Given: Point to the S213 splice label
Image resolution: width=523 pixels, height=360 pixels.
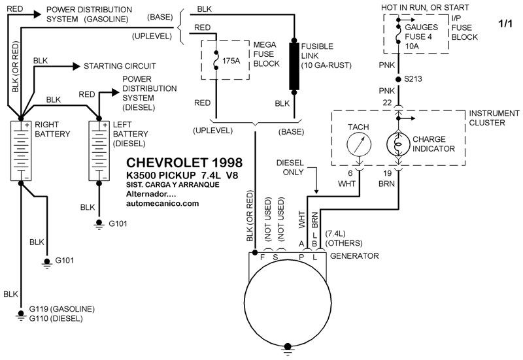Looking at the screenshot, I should click(414, 78).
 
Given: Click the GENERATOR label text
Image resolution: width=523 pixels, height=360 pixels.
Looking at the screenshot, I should click(354, 256).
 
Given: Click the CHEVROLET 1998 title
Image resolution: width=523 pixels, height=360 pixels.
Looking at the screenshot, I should click(183, 161).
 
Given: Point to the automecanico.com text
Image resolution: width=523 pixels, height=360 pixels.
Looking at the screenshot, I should click(162, 203).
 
